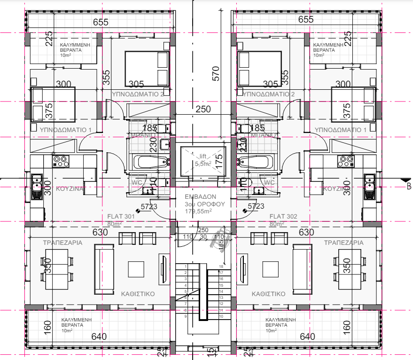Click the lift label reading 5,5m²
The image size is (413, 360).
pyautogui.click(x=203, y=164)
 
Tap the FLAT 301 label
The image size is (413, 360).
pyautogui.click(x=121, y=217)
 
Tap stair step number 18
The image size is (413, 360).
pyautogui.click(x=220, y=266)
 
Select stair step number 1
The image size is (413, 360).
pyautogui.click(x=186, y=266)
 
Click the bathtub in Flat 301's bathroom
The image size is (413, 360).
pyautogui.click(x=151, y=163)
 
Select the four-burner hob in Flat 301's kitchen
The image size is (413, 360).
pyautogui.click(x=60, y=162)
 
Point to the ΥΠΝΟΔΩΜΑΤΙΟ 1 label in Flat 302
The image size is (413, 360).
pyautogui.click(x=341, y=129)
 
